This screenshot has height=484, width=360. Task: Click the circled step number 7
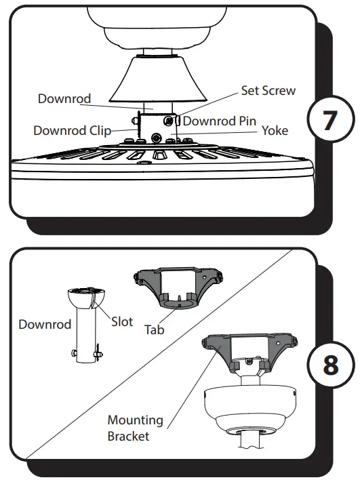[x=329, y=120]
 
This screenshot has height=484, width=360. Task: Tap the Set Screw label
[x=268, y=91]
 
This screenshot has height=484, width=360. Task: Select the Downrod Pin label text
[x=220, y=121]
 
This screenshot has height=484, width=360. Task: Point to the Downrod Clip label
[x=73, y=130]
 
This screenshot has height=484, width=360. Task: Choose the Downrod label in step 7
[x=64, y=98]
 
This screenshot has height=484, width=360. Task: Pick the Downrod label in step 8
[x=45, y=324]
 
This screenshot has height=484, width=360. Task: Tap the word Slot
[x=122, y=322]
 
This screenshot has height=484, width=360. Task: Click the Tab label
[x=155, y=330]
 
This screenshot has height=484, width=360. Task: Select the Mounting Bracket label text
[x=135, y=428]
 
